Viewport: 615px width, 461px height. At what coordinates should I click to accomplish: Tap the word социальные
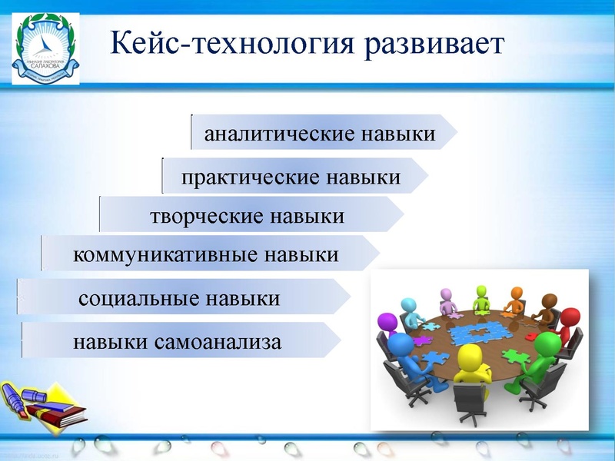133,297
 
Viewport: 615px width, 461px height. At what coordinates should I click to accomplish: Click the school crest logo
45,50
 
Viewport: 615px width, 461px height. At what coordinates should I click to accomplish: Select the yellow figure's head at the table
470,357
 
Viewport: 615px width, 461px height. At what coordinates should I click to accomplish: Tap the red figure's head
570,317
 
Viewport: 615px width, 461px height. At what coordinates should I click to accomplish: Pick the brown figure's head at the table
548,300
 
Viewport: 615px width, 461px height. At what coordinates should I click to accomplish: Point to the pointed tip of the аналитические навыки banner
455,133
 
